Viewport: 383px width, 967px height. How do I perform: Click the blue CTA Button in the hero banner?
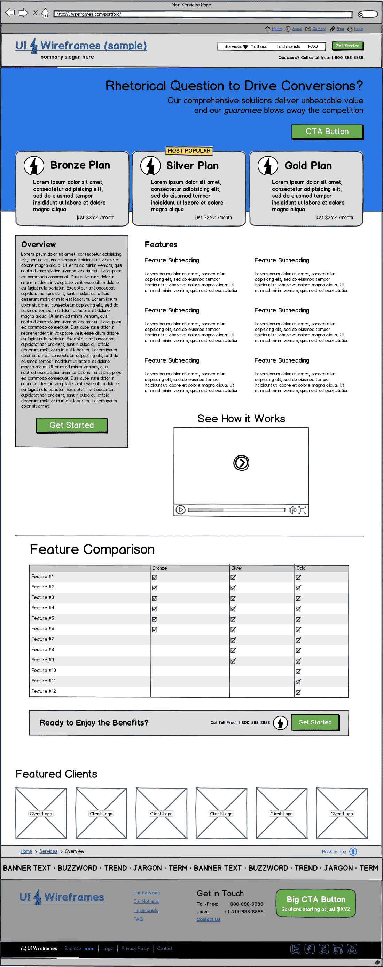pyautogui.click(x=327, y=132)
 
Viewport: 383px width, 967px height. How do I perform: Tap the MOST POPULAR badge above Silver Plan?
pyautogui.click(x=189, y=151)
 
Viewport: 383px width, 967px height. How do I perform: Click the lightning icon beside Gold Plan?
pyautogui.click(x=268, y=166)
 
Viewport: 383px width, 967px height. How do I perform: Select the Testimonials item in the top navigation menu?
pyautogui.click(x=288, y=47)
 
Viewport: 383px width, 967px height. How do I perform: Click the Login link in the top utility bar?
pyautogui.click(x=358, y=29)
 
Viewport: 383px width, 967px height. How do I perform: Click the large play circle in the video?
pyautogui.click(x=241, y=463)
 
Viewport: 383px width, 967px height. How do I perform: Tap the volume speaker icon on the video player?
pyautogui.click(x=292, y=510)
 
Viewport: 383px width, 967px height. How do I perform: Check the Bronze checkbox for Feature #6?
pyautogui.click(x=154, y=629)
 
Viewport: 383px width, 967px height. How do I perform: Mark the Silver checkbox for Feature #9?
pyautogui.click(x=233, y=661)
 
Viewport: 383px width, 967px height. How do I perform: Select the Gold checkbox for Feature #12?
pyautogui.click(x=298, y=692)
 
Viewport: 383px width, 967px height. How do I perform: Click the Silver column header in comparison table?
pyautogui.click(x=237, y=568)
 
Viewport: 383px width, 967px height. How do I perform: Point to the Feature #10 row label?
pyautogui.click(x=44, y=671)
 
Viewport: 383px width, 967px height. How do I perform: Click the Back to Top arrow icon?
pyautogui.click(x=353, y=851)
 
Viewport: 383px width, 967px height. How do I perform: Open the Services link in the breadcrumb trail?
pyautogui.click(x=48, y=851)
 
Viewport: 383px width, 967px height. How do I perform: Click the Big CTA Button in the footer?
pyautogui.click(x=316, y=903)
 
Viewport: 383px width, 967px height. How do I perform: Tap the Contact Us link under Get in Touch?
pyautogui.click(x=209, y=919)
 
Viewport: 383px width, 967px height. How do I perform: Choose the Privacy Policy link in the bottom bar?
pyautogui.click(x=135, y=948)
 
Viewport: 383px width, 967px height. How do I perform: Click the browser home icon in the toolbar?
pyautogui.click(x=45, y=13)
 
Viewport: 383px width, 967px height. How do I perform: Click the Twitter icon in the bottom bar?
pyautogui.click(x=296, y=949)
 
